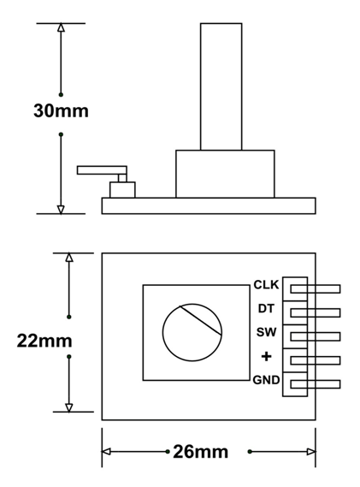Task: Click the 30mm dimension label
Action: click(x=61, y=112)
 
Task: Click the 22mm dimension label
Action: click(x=45, y=341)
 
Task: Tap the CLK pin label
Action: click(x=266, y=285)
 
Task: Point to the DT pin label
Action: click(x=266, y=308)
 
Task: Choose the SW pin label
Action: click(x=266, y=332)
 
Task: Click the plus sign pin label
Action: click(x=266, y=356)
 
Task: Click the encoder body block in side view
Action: click(x=225, y=174)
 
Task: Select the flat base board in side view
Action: click(x=209, y=205)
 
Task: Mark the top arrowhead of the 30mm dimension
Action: click(x=61, y=28)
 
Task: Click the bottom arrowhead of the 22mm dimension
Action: click(x=69, y=406)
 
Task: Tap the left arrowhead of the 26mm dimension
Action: click(x=108, y=451)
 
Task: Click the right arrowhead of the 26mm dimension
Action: click(x=310, y=451)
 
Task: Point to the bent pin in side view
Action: click(x=102, y=169)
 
